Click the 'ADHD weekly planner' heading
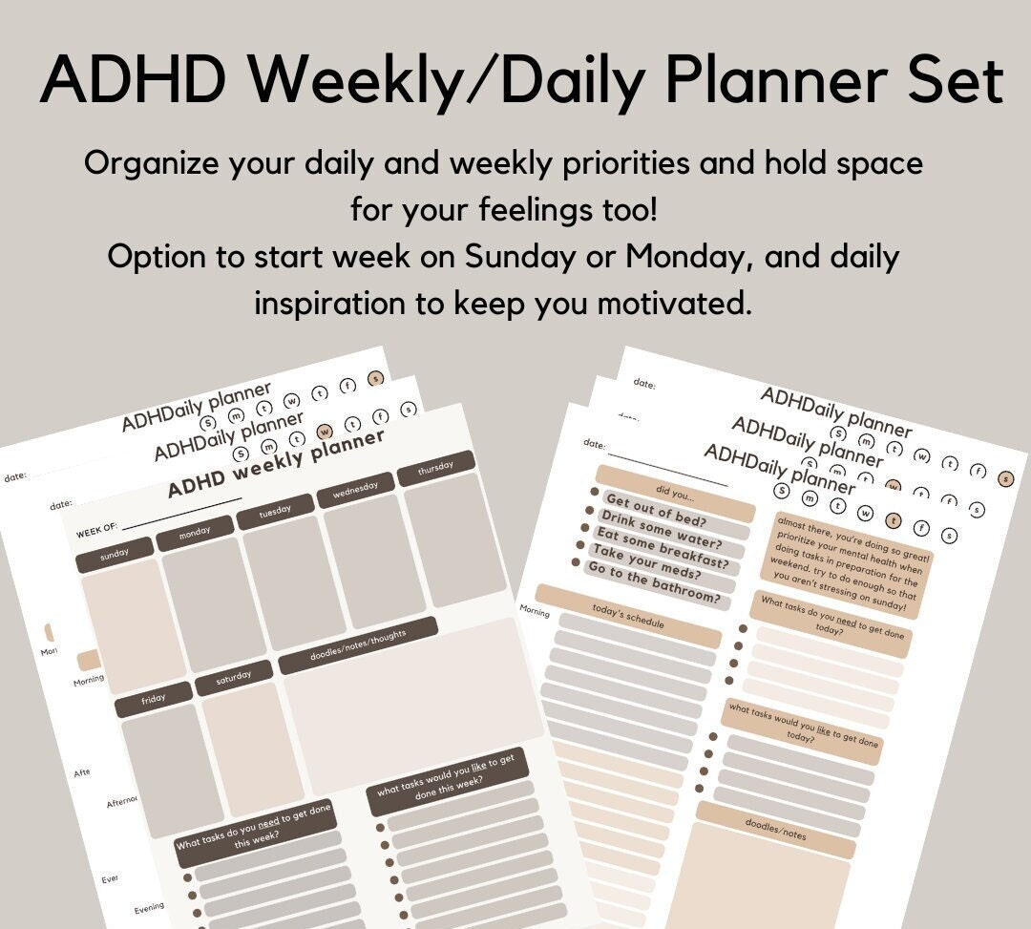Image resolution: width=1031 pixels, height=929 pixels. coord(276,463)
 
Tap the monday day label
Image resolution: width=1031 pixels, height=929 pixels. coord(195,531)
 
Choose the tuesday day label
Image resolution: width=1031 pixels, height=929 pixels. coord(275,512)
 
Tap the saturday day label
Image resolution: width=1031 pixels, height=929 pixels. coord(233,679)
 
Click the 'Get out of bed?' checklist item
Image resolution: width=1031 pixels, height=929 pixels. coord(655,513)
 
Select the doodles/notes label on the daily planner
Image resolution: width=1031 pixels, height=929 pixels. coord(774,828)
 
